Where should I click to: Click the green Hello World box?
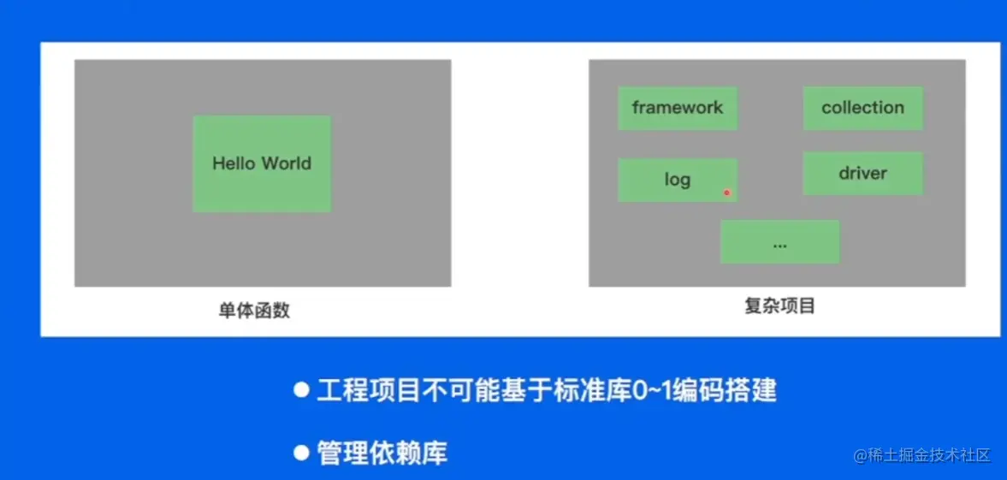pyautogui.click(x=262, y=164)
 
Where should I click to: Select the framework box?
pyautogui.click(x=678, y=108)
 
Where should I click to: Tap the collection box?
pyautogui.click(x=862, y=108)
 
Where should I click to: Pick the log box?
pyautogui.click(x=678, y=180)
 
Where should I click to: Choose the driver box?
pyautogui.click(x=862, y=174)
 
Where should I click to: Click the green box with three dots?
pyautogui.click(x=779, y=241)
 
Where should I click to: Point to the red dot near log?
pyautogui.click(x=727, y=193)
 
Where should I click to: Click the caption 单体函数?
pyautogui.click(x=254, y=311)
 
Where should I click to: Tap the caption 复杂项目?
pyautogui.click(x=779, y=306)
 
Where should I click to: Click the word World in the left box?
pyautogui.click(x=287, y=163)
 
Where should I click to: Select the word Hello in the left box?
pyautogui.click(x=234, y=163)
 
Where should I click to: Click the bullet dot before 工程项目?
pyautogui.click(x=301, y=390)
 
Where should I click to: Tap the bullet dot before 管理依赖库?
pyautogui.click(x=301, y=453)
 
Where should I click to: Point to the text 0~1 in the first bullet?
pyautogui.click(x=651, y=390)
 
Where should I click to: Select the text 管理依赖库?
pyautogui.click(x=382, y=453)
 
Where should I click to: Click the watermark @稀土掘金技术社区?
pyautogui.click(x=923, y=455)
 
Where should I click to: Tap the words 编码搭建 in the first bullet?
pyautogui.click(x=725, y=390)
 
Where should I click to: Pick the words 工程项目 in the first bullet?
pyautogui.click(x=369, y=390)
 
